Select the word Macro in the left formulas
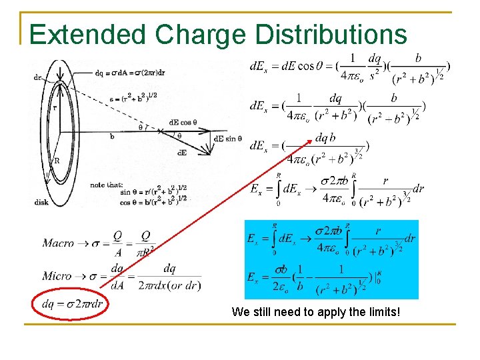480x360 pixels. [x=59, y=243]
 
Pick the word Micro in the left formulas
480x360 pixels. [x=57, y=275]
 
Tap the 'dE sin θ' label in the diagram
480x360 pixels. [x=228, y=138]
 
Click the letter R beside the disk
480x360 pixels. [x=56, y=161]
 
